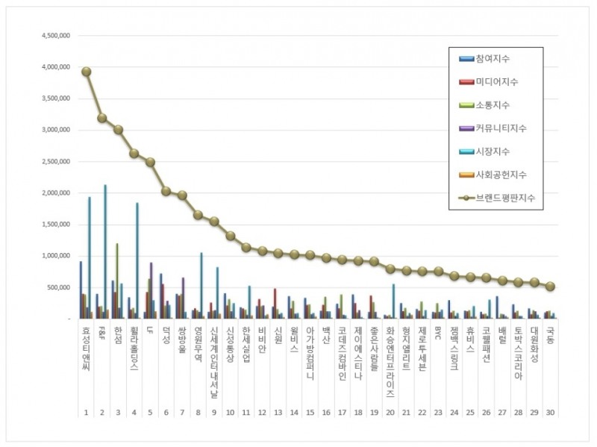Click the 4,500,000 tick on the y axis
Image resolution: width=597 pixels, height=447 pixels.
55,36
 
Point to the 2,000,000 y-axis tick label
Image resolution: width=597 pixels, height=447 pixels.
55,193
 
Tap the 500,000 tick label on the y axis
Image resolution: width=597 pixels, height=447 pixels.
58,287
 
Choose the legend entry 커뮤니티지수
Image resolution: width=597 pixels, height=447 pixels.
504,128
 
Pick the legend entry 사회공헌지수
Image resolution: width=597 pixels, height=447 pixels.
504,175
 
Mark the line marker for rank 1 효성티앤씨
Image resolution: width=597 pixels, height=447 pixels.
86,72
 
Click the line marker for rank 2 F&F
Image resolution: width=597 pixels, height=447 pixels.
101,118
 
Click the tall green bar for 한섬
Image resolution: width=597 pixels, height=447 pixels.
117,281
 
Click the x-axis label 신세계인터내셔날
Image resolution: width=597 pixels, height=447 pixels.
213,351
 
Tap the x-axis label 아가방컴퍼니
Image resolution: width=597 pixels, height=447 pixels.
310,351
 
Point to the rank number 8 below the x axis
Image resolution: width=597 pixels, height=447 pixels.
198,412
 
